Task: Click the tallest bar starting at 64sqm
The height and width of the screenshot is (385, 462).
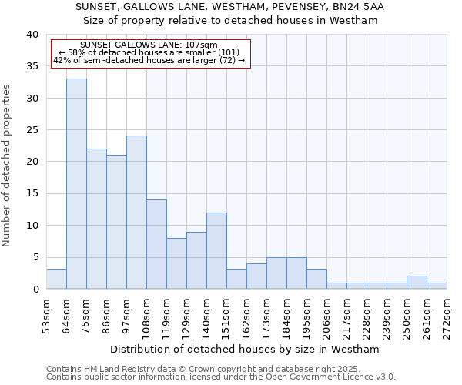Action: coord(76,184)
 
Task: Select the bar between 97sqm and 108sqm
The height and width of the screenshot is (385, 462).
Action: coord(136,213)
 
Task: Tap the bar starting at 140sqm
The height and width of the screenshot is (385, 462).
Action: coord(216,251)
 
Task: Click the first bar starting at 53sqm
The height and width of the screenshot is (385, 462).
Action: coord(56,280)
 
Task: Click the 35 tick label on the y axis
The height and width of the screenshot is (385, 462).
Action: coord(32,66)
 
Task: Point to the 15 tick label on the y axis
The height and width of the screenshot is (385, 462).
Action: coord(32,194)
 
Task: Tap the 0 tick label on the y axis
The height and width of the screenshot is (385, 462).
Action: coord(35,290)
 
